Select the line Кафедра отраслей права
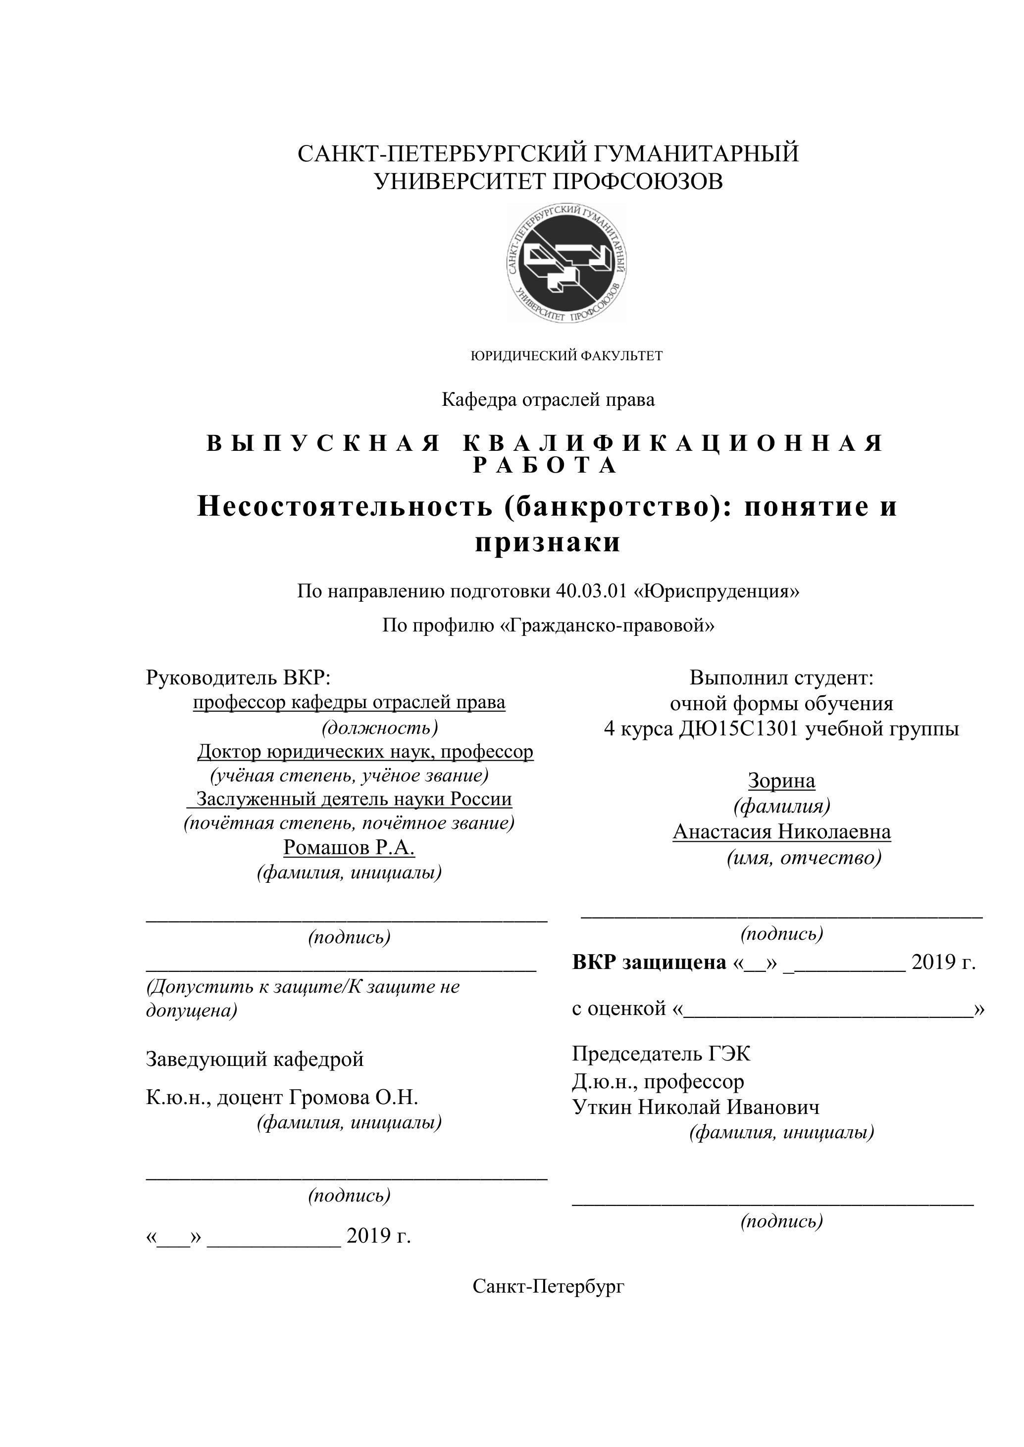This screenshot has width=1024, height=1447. click(548, 399)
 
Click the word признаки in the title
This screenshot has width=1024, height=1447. click(547, 542)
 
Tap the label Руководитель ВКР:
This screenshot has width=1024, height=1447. click(238, 677)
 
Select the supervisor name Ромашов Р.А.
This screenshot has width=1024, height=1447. click(349, 848)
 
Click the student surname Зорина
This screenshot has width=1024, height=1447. click(781, 781)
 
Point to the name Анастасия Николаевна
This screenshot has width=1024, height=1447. click(781, 832)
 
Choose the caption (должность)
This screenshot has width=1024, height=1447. click(380, 728)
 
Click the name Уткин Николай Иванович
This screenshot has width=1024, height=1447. click(696, 1108)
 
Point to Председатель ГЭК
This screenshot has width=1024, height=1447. click(661, 1053)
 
